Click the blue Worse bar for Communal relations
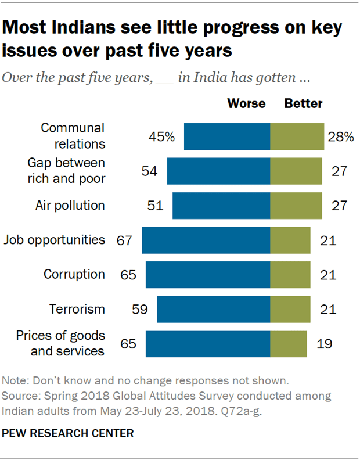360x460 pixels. tap(227, 136)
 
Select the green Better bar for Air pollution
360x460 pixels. tap(296, 205)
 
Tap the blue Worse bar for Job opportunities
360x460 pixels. tap(206, 240)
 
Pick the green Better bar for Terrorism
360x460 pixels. tap(290, 309)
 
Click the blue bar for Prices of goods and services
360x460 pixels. tap(208, 343)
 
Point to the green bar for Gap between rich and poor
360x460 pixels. tap(296, 171)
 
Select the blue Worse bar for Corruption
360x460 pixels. tap(208, 274)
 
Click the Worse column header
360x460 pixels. tap(246, 104)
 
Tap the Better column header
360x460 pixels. tap(303, 104)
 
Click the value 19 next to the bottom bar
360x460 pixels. tap(325, 343)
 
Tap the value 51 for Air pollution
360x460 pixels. tap(156, 205)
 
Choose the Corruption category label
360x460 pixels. tap(74, 274)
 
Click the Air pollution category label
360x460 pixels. tap(70, 205)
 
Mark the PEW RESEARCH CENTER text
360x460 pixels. tap(69, 433)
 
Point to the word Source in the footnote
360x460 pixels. tap(19, 396)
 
